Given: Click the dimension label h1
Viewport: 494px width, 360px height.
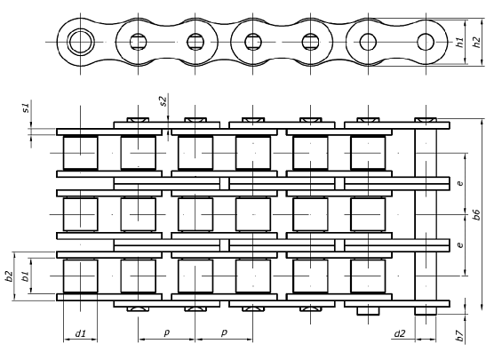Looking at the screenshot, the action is (x=460, y=43).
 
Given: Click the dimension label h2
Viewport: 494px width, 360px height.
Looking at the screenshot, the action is (x=477, y=43).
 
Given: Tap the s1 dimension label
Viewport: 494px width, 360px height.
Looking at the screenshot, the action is (x=27, y=108).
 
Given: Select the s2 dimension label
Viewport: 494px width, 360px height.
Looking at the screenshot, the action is (x=163, y=100).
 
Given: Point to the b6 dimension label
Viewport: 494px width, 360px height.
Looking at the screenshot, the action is (x=476, y=214).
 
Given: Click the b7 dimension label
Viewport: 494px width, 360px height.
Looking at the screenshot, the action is (x=459, y=336).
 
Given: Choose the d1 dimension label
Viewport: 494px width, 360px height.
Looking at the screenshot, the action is (x=80, y=333).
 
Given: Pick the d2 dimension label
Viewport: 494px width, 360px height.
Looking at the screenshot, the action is (x=400, y=333).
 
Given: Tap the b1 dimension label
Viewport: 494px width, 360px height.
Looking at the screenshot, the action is (x=26, y=276).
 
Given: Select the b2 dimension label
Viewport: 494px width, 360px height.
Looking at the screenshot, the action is (x=10, y=276).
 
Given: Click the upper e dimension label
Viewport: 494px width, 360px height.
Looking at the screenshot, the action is (x=460, y=182).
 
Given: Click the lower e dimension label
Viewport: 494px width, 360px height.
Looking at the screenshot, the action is (x=460, y=244).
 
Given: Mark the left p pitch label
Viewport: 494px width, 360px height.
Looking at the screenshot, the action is (x=167, y=332).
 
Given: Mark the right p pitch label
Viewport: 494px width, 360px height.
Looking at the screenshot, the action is (x=224, y=332).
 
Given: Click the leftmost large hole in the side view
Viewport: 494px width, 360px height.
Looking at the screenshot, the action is (x=81, y=42).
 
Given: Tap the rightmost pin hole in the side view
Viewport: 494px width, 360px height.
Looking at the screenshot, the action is (x=426, y=42).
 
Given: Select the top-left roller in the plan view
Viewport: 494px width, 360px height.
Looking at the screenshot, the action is (x=80, y=153).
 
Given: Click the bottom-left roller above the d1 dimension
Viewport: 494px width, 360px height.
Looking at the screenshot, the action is (x=80, y=276).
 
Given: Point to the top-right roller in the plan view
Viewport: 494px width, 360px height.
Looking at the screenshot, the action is (x=368, y=153).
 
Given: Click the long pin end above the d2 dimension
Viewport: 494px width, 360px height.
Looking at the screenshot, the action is (x=426, y=311).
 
